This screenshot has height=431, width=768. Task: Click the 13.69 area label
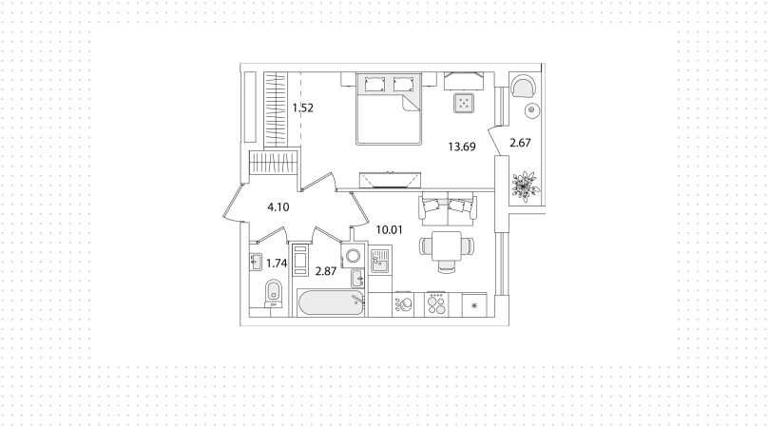pos(462,147)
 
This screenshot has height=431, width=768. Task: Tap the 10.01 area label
pos(389,229)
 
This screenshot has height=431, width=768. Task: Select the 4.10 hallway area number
pos(278,207)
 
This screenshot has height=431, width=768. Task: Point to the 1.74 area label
pos(277,264)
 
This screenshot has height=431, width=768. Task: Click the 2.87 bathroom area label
pos(326,271)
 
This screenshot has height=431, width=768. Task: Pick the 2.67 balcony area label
pos(520,143)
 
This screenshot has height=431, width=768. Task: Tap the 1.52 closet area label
pos(302,108)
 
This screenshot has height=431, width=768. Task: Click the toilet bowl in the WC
pos(273,293)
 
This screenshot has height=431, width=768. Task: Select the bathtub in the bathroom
pos(331,303)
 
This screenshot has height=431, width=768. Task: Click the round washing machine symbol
pos(353,256)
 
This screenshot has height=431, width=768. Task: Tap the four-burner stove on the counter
pos(436,304)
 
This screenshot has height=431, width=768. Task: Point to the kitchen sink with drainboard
pos(379,261)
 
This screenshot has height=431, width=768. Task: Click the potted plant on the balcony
pos(525,186)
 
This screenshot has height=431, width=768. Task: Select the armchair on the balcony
pos(522,87)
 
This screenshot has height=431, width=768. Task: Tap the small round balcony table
pos(531,110)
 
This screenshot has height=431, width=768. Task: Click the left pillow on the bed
pos(374,85)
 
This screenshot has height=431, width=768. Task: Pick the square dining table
pos(446,246)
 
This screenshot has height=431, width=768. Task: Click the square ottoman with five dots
pos(463,103)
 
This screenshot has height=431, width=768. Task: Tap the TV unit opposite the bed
pos(390,180)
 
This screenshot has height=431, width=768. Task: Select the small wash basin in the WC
pos(256,262)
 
